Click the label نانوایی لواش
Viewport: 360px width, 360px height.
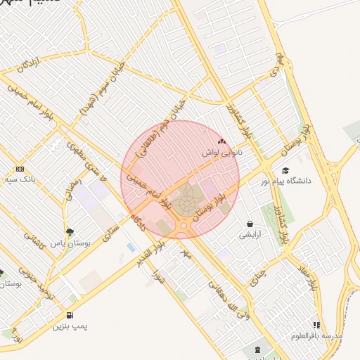coord(221,153)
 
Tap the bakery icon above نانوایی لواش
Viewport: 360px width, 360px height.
coord(221,141)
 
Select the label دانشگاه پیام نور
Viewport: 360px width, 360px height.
coord(285,181)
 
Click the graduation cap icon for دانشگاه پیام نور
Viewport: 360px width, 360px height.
coord(285,170)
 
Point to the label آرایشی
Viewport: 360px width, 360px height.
coord(250,235)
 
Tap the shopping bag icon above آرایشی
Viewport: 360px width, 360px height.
coord(250,224)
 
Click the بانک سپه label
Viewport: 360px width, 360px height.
coord(19,180)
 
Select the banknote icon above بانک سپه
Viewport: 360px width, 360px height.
coord(19,169)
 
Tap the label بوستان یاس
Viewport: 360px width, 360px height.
coord(70,243)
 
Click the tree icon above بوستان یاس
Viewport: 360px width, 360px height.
coord(70,231)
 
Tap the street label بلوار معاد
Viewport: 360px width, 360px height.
coord(314,276)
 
